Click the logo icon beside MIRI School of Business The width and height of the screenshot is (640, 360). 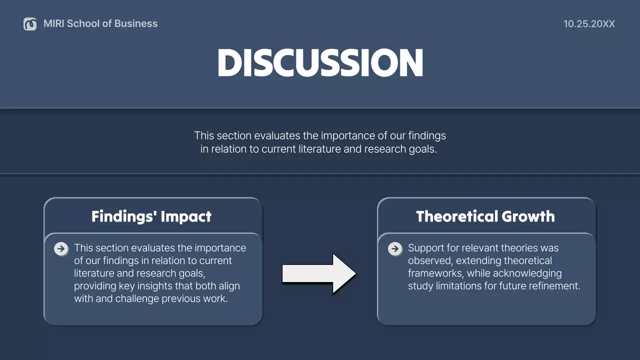[x=30, y=23]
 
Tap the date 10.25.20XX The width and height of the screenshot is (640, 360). [x=589, y=24]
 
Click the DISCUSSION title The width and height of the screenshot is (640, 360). [x=320, y=63]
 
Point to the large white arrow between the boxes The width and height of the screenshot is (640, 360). [x=319, y=273]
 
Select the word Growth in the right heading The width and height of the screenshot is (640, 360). [x=528, y=216]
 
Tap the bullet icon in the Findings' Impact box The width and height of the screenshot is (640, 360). [x=61, y=248]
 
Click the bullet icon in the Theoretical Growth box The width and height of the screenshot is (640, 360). [x=395, y=248]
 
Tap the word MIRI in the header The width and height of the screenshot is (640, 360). [x=54, y=23]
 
